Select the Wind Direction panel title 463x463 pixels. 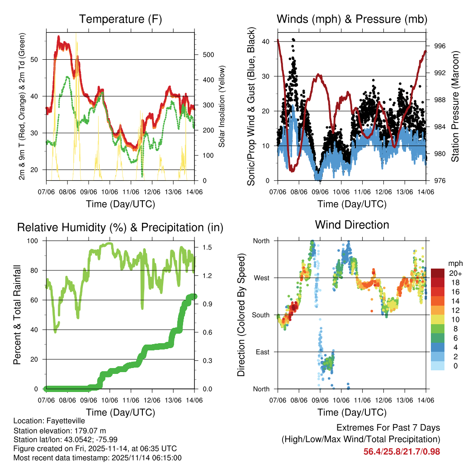pyautogui.click(x=352, y=224)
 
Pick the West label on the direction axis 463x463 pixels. pyautogui.click(x=261, y=278)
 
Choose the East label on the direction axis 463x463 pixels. pyautogui.click(x=262, y=352)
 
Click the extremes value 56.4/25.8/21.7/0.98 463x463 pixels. pyautogui.click(x=402, y=452)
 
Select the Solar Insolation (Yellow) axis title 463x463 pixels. pyautogui.click(x=222, y=107)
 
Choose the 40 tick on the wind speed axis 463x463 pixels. pyautogui.click(x=266, y=42)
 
